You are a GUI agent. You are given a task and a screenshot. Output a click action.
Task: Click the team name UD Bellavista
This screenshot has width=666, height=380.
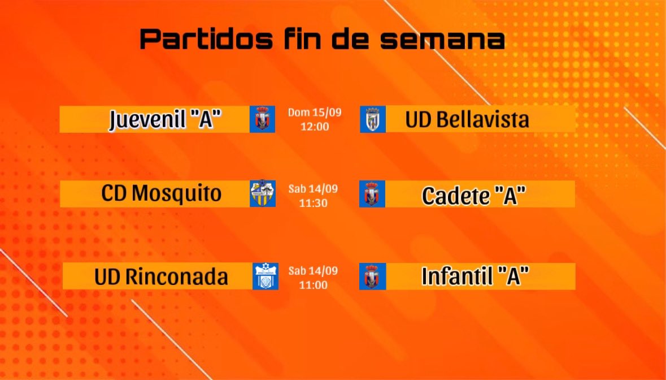click(x=467, y=119)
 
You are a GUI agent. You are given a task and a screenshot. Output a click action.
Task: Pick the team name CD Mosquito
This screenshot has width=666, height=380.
click(x=162, y=193)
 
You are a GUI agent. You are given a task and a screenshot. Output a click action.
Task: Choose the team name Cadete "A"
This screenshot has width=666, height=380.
click(x=474, y=195)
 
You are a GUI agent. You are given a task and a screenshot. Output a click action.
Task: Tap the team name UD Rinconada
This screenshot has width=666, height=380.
click(x=162, y=277)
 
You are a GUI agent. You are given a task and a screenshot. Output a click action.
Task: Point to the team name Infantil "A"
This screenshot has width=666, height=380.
click(x=475, y=277)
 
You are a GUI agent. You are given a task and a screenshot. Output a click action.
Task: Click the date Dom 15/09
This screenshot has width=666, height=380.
click(x=315, y=113)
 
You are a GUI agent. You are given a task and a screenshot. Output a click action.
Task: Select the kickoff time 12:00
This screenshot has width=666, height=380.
click(x=315, y=126)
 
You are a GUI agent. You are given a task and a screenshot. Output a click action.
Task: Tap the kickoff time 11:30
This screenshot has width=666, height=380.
click(x=314, y=202)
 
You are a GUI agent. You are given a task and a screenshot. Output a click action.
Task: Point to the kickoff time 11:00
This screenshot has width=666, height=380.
click(x=314, y=284)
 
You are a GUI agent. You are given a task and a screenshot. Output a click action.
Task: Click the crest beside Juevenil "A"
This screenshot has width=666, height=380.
click(x=262, y=119)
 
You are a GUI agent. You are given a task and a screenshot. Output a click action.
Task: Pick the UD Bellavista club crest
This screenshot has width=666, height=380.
click(x=373, y=119)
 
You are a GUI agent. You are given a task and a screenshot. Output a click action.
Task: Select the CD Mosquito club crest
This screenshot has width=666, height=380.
click(x=263, y=193)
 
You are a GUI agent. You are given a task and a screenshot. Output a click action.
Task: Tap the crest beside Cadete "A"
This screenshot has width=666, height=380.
click(x=372, y=194)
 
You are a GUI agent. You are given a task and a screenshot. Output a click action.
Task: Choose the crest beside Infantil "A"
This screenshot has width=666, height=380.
click(x=372, y=277)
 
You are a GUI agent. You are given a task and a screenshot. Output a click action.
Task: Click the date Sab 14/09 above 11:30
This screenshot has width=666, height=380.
click(x=313, y=189)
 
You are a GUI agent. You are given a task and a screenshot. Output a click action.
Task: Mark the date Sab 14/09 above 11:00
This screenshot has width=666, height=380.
click(x=313, y=271)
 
